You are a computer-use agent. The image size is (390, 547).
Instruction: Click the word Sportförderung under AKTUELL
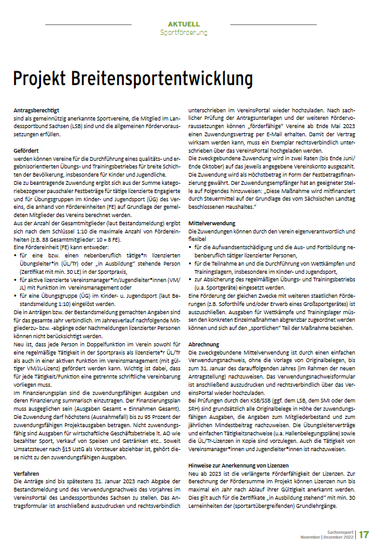point(180,32)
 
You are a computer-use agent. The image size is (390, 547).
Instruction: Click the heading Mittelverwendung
point(212,223)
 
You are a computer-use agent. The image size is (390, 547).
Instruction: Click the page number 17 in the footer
point(364,534)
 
